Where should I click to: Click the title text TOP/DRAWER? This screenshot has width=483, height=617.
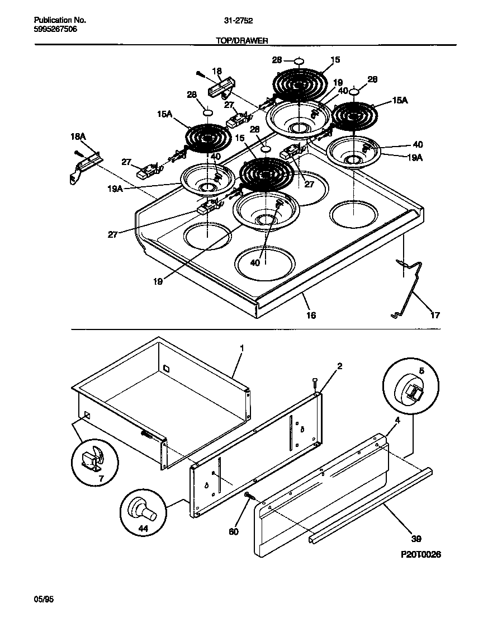point(242,40)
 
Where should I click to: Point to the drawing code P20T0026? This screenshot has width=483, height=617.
point(421,554)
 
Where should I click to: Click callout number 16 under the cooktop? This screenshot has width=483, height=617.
point(311,315)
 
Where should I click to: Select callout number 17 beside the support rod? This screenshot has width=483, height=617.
point(434,315)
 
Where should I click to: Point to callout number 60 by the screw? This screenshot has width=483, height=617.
point(234,531)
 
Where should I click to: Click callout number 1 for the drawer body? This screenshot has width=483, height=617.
point(241,348)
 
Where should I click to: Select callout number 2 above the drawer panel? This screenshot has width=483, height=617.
point(339,366)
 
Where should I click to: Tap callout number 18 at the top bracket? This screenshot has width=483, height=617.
point(217,71)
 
